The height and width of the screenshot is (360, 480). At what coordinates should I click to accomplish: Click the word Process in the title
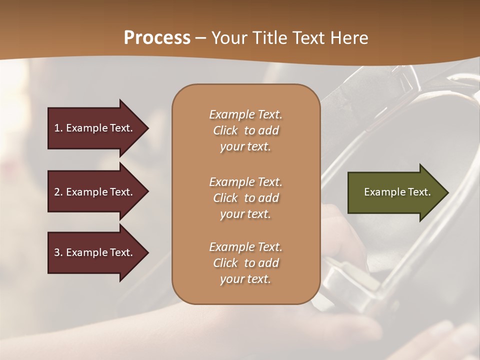point(157,38)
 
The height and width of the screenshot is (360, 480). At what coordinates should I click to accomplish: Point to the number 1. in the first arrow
point(58,128)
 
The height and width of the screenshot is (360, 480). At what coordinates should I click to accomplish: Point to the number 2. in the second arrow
point(58,192)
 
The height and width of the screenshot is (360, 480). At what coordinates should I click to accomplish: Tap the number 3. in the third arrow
point(58,252)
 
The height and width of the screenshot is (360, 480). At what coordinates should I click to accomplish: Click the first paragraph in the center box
point(245,130)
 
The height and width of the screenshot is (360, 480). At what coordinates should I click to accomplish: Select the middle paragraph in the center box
point(245,198)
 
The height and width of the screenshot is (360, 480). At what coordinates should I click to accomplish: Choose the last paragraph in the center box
point(245,263)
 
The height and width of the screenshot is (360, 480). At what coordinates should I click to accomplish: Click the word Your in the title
point(228,38)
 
